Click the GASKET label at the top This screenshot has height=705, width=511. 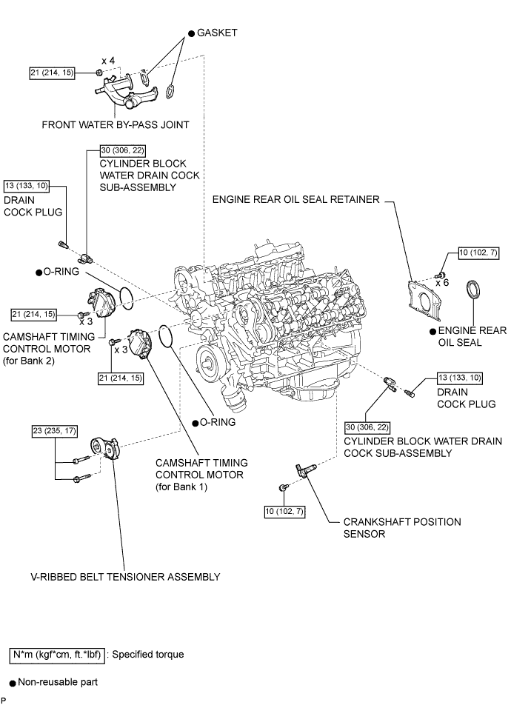[217, 33]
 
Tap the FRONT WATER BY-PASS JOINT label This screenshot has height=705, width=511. [116, 125]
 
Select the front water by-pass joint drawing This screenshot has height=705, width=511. [126, 92]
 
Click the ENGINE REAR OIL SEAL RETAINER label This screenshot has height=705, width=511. [296, 200]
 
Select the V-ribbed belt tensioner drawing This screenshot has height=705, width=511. [105, 448]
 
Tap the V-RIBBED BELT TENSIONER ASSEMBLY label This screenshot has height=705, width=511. [125, 577]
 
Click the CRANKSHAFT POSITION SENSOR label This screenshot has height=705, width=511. [402, 528]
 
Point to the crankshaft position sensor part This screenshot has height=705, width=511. [302, 471]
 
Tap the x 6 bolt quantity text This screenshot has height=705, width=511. [442, 283]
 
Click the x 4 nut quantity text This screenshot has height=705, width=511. [108, 61]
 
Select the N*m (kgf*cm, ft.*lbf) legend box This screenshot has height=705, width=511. [57, 655]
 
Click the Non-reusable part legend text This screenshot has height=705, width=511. [58, 682]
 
